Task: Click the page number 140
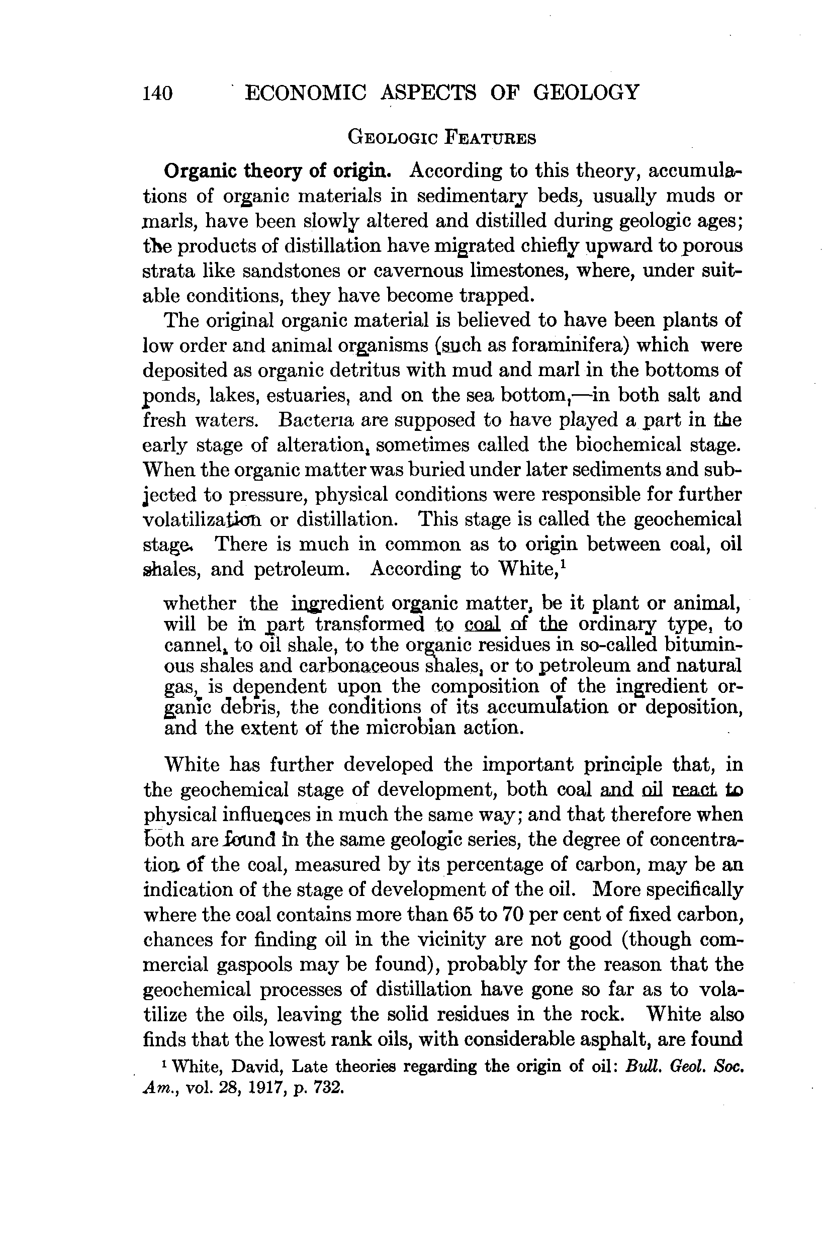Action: (157, 94)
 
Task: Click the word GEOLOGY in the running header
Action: (586, 93)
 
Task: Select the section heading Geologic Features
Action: (442, 138)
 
